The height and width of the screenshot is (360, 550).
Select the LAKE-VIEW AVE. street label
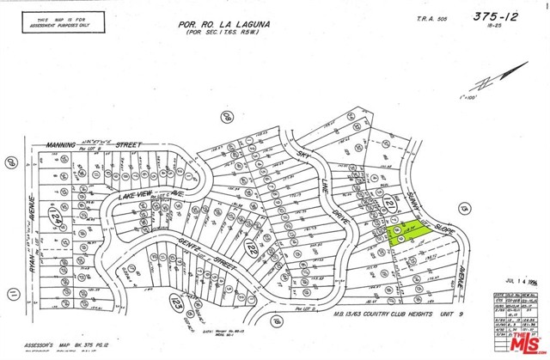click(146, 198)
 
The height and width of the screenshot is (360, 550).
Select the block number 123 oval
click(175, 304)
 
